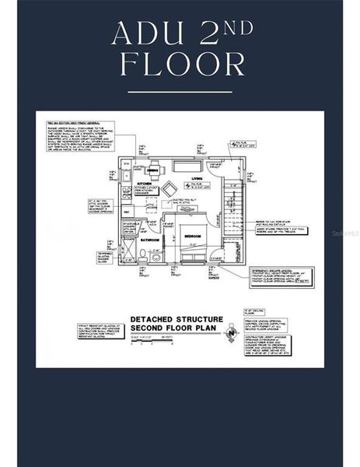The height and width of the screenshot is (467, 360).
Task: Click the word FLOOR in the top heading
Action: tap(180, 65)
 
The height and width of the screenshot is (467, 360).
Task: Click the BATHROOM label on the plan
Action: tap(150, 241)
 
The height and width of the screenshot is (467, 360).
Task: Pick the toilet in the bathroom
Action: tap(144, 256)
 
